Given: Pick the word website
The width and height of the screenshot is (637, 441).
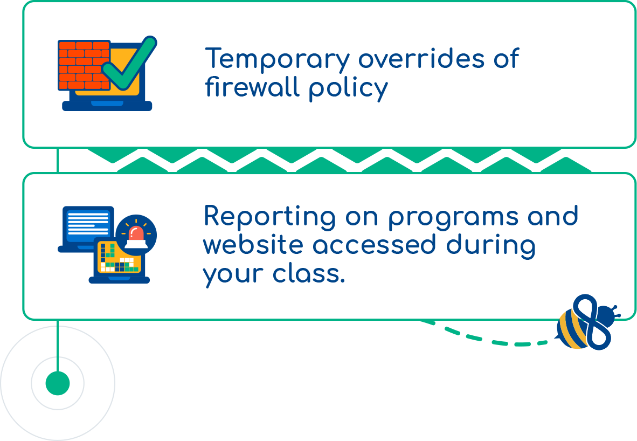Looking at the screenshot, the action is click(x=253, y=245).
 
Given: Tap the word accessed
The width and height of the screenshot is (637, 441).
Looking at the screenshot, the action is click(x=374, y=245).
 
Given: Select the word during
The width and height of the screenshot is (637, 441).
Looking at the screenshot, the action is click(x=491, y=246).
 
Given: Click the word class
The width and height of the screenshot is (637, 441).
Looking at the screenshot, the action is click(x=309, y=273).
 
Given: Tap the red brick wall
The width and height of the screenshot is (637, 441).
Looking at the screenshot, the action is click(x=84, y=65).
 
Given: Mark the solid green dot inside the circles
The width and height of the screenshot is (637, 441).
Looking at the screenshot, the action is click(x=58, y=383).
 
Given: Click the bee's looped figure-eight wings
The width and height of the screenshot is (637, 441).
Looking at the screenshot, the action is click(x=591, y=321).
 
